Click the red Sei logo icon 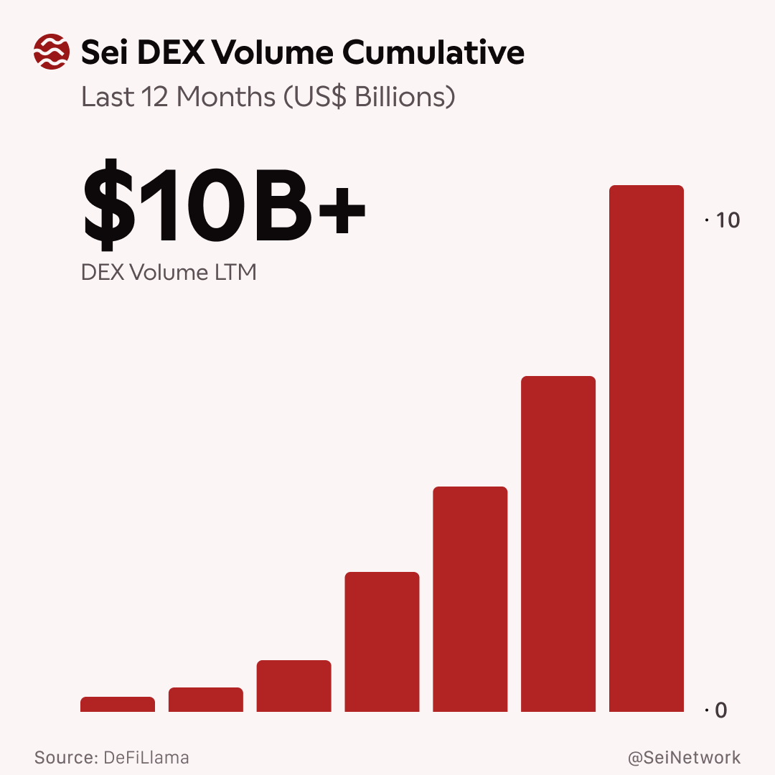[x=52, y=52]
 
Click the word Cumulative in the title [x=433, y=52]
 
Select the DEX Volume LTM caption [x=169, y=273]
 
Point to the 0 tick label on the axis [x=721, y=710]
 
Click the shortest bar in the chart [x=118, y=705]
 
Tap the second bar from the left [x=206, y=700]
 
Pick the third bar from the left [x=294, y=686]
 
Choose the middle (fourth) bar [x=382, y=642]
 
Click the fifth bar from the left [x=470, y=599]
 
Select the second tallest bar [x=558, y=544]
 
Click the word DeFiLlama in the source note [x=146, y=758]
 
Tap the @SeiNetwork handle [x=684, y=758]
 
